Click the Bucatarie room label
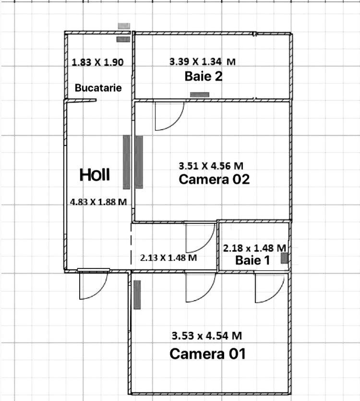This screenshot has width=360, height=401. pyautogui.click(x=98, y=88)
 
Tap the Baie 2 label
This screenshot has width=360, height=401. pyautogui.click(x=204, y=76)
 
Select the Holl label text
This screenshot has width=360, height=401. pyautogui.click(x=95, y=175)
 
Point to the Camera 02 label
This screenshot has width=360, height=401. pyautogui.click(x=214, y=179)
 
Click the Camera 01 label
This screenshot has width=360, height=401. pyautogui.click(x=208, y=354)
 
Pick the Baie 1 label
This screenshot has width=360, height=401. pyautogui.click(x=252, y=260)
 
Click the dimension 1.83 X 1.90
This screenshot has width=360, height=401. pyautogui.click(x=97, y=62)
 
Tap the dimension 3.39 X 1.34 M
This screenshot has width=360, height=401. pyautogui.click(x=203, y=61)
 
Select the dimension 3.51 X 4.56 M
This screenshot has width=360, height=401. pyautogui.click(x=211, y=166)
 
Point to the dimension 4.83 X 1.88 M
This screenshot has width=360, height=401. pyautogui.click(x=98, y=202)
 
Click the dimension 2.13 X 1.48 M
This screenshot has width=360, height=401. pyautogui.click(x=168, y=257)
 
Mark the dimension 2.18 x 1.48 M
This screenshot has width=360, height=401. pyautogui.click(x=254, y=248)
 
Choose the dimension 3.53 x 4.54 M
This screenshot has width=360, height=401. pyautogui.click(x=206, y=336)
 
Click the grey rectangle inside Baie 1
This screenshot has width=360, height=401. pyautogui.click(x=285, y=258)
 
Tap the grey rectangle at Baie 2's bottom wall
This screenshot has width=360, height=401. pyautogui.click(x=200, y=95)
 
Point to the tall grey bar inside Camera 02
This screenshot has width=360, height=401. pyautogui.click(x=139, y=162)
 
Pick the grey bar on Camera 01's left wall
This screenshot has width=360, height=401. pyautogui.click(x=137, y=294)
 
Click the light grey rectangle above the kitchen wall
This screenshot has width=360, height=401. pyautogui.click(x=124, y=26)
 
